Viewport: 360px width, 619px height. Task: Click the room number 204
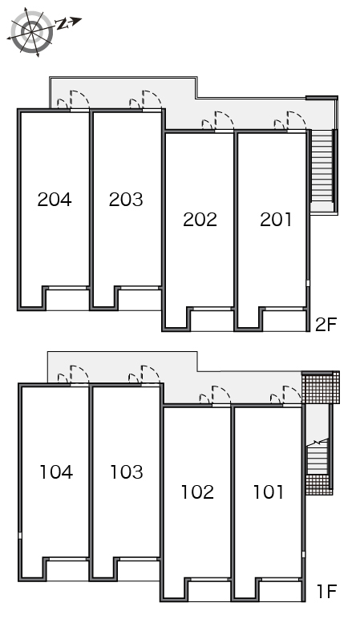click(55, 200)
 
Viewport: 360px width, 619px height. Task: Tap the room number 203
click(126, 200)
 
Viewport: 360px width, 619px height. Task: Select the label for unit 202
click(200, 220)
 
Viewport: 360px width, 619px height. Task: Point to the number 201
click(276, 220)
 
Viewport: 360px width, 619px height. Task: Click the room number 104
click(56, 472)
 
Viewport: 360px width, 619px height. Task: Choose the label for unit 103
click(127, 472)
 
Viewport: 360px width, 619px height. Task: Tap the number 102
click(197, 492)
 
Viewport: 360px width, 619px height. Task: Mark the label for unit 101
click(268, 492)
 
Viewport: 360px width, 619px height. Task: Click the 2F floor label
click(326, 325)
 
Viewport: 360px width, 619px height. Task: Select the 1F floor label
click(326, 591)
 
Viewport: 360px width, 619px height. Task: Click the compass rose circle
click(31, 31)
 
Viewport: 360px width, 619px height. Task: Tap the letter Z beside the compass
click(62, 25)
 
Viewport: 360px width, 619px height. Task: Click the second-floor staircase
click(322, 166)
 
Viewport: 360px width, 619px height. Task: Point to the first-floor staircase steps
click(318, 457)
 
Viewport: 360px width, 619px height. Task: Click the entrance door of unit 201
click(296, 120)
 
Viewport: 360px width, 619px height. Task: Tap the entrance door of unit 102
click(220, 394)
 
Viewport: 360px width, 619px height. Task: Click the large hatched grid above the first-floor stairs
click(321, 387)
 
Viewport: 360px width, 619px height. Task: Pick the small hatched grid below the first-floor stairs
click(319, 484)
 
